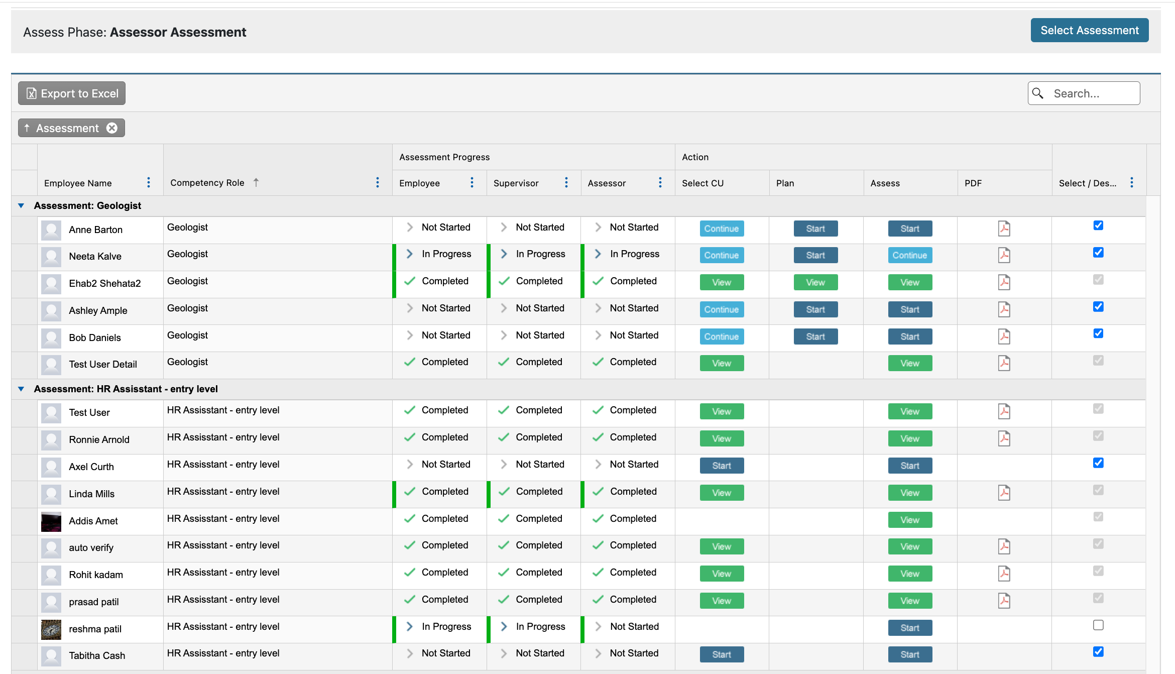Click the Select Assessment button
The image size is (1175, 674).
[1089, 30]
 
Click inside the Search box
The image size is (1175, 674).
[1090, 93]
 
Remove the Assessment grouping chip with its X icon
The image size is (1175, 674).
[112, 128]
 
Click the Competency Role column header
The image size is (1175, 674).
[207, 183]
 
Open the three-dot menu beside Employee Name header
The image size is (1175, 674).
[149, 183]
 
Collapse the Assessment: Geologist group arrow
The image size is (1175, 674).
[21, 205]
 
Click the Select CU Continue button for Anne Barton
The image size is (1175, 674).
[721, 229]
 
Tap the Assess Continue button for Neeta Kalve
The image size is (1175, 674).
[909, 255]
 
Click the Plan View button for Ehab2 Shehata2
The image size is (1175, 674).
[815, 282]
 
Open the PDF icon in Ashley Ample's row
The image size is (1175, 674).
[1004, 309]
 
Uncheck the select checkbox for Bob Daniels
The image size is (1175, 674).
[1098, 333]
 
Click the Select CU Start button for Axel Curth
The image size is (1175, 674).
[721, 466]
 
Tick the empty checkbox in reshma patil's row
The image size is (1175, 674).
[1098, 625]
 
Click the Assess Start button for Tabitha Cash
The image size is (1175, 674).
[909, 654]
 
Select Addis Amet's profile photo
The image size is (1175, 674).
[51, 521]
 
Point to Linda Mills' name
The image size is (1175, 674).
[92, 494]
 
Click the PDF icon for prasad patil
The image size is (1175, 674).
[1004, 601]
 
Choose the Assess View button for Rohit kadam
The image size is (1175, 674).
[909, 574]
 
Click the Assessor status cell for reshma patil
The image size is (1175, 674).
[634, 627]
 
